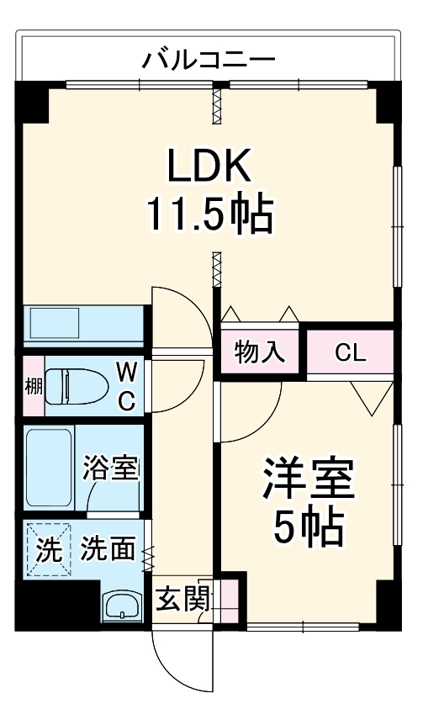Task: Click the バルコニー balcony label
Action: (x=208, y=60)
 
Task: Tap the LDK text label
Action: (x=209, y=167)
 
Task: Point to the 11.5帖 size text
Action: (x=209, y=214)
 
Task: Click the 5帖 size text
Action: (x=309, y=528)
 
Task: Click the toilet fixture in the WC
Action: (x=76, y=387)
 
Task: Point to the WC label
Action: (x=126, y=386)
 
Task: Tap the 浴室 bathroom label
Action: (x=111, y=468)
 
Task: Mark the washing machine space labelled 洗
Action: (x=50, y=550)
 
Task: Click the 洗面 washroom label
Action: (x=108, y=550)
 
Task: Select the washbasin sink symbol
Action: (x=124, y=606)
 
